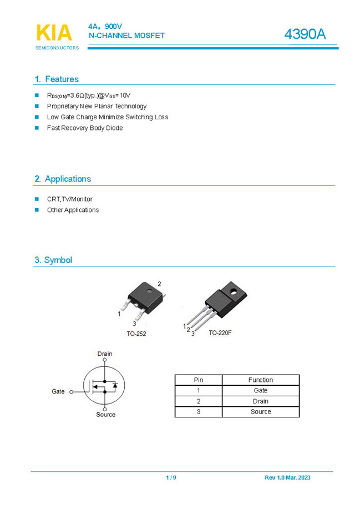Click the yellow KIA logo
click(54, 33)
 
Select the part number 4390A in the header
click(305, 34)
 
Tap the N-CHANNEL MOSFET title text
click(126, 36)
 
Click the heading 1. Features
click(57, 79)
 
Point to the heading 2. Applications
click(63, 179)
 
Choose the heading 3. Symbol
click(53, 260)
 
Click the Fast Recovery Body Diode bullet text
click(85, 128)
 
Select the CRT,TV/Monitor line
click(70, 199)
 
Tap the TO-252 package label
click(136, 334)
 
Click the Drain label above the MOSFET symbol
click(105, 354)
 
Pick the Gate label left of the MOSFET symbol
click(58, 391)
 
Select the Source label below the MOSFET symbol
click(105, 415)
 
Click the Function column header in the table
click(260, 380)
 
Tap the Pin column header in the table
click(199, 380)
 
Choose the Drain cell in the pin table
click(260, 401)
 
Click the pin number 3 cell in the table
click(199, 412)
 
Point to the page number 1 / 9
click(171, 478)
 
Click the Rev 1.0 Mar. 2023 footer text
click(287, 478)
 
